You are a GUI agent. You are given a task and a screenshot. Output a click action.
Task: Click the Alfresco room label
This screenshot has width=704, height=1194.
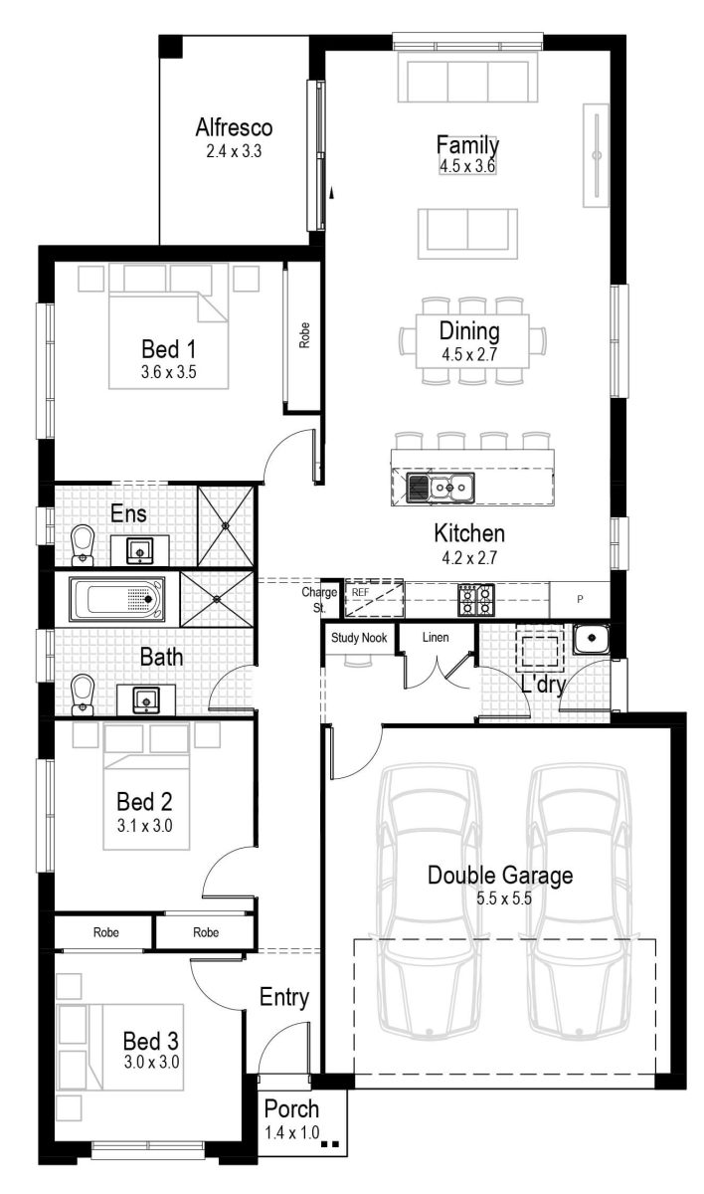click(234, 128)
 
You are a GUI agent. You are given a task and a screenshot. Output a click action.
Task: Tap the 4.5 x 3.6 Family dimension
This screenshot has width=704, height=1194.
click(467, 166)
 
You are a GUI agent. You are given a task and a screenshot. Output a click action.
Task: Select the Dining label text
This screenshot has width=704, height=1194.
click(469, 331)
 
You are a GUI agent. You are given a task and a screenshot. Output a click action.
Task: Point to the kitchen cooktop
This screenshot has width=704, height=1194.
click(475, 597)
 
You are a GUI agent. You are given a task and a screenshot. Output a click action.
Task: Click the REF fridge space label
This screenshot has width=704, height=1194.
click(360, 592)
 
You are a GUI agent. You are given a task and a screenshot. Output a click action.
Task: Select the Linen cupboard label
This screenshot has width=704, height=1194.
click(436, 638)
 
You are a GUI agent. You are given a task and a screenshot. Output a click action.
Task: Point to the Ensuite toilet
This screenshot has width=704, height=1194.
click(83, 542)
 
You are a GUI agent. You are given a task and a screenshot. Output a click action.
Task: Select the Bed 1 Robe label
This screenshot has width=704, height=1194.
click(304, 335)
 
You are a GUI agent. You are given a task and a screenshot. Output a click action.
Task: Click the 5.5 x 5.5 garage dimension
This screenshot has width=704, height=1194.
click(499, 898)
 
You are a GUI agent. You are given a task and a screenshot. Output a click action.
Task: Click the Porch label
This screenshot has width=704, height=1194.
click(292, 1108)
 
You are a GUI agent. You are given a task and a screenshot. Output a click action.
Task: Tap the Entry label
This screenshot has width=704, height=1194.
click(284, 997)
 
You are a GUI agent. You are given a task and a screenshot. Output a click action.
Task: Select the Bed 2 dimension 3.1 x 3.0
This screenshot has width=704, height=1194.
click(137, 824)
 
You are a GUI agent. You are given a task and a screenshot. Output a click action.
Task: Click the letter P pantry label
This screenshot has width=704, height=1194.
click(581, 599)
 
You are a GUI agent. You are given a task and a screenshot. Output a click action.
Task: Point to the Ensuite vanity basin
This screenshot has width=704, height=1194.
click(139, 549)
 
